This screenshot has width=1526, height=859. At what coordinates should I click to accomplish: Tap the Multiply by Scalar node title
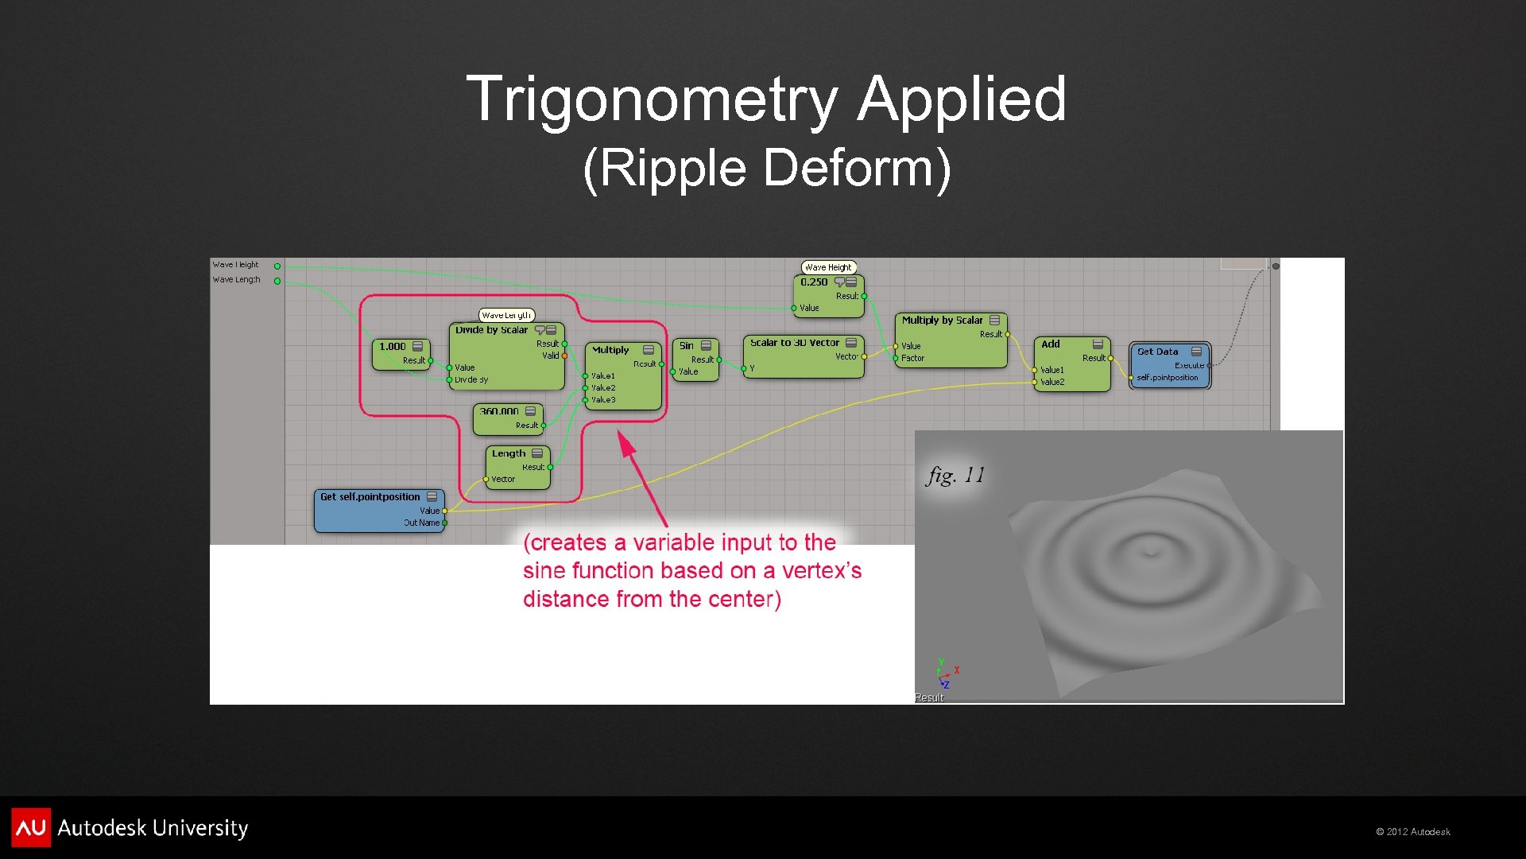942,321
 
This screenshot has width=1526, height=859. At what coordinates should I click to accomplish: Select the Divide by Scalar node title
491,330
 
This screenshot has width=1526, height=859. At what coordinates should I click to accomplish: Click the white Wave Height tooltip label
828,267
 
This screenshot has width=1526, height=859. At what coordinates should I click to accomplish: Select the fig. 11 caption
955,476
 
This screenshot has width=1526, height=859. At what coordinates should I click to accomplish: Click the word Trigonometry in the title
651,99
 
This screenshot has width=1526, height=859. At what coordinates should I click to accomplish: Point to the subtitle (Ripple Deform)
766,168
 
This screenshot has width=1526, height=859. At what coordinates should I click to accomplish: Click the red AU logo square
31,827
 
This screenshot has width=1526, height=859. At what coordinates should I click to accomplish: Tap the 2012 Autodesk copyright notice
1413,832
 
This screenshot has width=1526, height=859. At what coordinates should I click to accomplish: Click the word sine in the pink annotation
544,571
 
